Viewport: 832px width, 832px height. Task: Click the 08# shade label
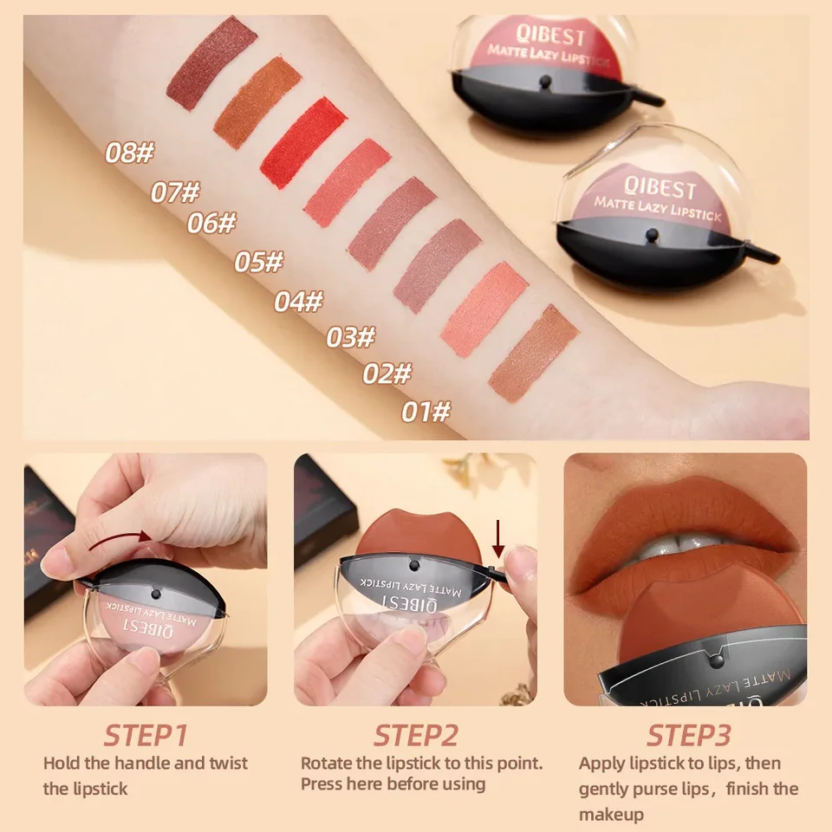129,153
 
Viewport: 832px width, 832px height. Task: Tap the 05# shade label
259,262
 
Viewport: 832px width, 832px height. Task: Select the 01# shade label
426,412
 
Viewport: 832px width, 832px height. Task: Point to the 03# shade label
351,337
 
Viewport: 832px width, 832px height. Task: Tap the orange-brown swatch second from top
258,102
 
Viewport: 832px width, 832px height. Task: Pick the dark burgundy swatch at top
211,63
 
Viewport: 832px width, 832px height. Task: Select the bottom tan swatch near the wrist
534,354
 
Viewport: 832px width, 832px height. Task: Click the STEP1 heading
146,736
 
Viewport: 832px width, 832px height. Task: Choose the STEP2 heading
415,736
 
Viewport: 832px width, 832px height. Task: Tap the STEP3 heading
689,736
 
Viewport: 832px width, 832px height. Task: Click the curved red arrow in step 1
119,540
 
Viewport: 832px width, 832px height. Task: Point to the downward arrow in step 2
497,539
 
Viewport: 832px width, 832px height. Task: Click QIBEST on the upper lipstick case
550,36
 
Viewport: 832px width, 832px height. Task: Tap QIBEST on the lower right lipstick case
660,186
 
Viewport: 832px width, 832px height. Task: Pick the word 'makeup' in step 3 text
611,815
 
